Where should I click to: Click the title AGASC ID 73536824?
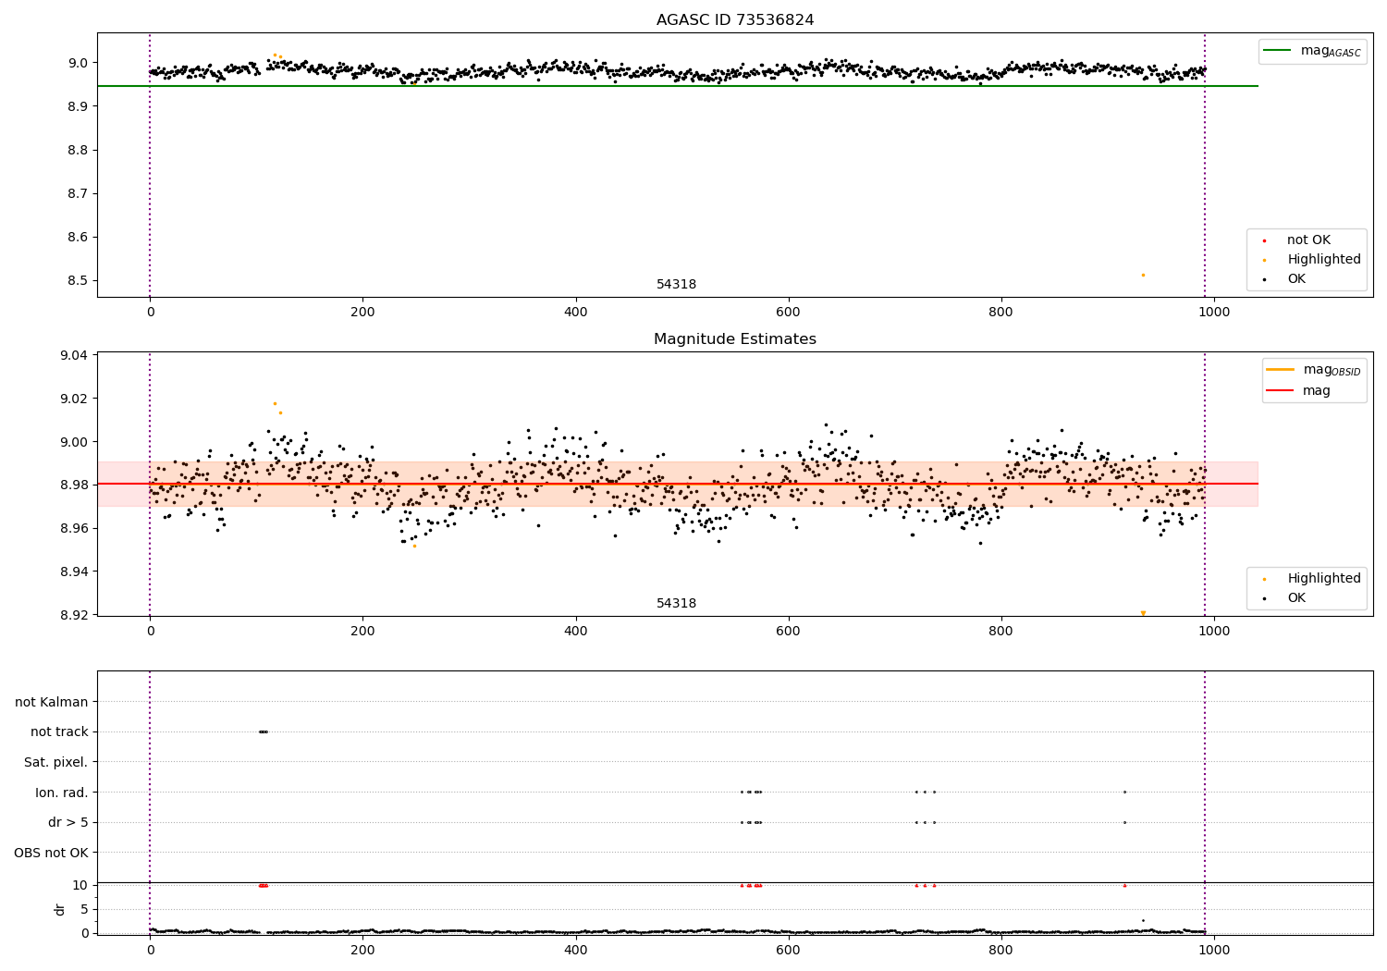click(735, 20)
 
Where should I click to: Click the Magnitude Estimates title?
click(735, 339)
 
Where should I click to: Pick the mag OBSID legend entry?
click(1313, 370)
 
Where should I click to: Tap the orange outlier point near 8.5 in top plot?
click(1143, 275)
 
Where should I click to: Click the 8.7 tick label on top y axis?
click(77, 193)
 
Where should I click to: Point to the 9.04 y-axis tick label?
click(75, 355)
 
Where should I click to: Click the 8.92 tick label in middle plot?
click(75, 615)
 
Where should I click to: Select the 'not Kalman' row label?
click(52, 702)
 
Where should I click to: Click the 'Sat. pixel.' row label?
click(55, 762)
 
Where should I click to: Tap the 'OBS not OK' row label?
click(51, 853)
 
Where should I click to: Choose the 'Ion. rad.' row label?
click(62, 793)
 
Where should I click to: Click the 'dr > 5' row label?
click(68, 822)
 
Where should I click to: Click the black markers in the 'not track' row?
click(264, 731)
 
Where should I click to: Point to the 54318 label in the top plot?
click(676, 285)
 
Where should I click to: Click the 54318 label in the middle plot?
click(676, 604)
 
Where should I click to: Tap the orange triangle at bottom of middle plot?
click(1143, 613)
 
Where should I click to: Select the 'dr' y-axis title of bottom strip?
click(60, 909)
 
